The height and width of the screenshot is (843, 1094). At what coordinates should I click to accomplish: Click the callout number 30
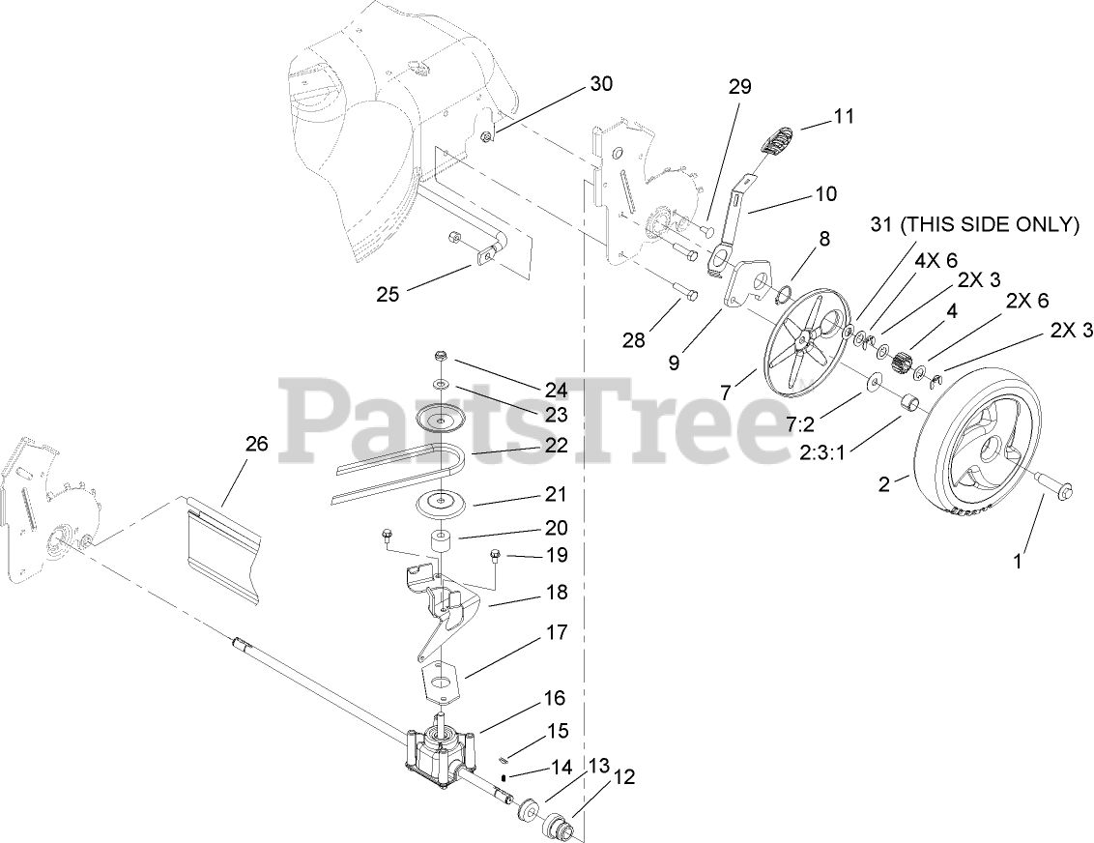click(600, 84)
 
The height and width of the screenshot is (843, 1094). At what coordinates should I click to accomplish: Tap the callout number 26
click(256, 444)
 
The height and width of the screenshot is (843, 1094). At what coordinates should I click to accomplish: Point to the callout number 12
click(624, 776)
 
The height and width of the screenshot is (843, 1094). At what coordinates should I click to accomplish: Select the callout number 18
click(557, 593)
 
